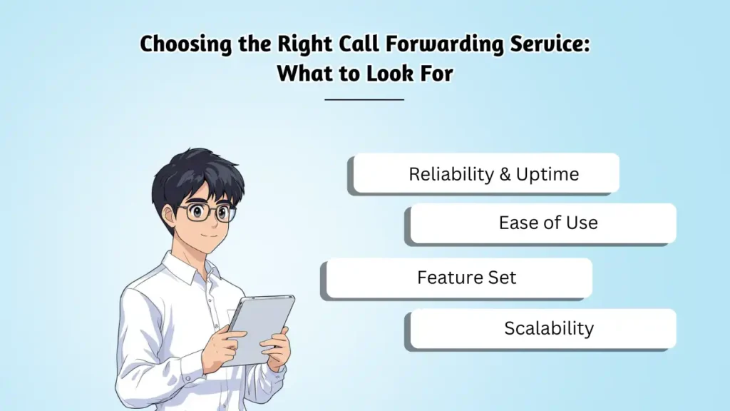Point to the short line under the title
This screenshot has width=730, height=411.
[x=364, y=99]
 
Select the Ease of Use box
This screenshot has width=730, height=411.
[x=542, y=223]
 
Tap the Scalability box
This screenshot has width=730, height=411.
[x=542, y=328]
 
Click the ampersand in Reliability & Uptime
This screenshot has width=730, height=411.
[x=505, y=174]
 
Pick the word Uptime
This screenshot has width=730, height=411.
[x=548, y=175]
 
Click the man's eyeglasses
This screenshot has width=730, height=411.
[x=206, y=212]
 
